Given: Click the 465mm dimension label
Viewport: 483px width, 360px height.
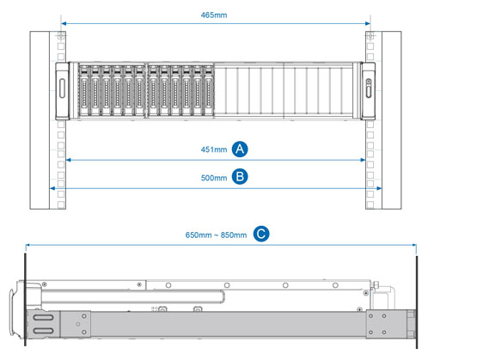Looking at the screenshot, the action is coord(214,15).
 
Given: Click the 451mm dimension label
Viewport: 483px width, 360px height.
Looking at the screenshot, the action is coord(214,149).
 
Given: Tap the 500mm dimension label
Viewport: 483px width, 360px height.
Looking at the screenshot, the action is coord(214,178).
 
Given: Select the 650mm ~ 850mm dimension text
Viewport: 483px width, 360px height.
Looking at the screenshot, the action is coord(216,235).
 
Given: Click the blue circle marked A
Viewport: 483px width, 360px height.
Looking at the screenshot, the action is coord(240,149).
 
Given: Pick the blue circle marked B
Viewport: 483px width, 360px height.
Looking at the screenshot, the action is coord(240,177).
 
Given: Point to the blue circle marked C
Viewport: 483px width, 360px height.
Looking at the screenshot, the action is coord(261,234).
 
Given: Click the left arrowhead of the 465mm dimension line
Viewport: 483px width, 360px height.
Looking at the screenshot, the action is coord(64,23).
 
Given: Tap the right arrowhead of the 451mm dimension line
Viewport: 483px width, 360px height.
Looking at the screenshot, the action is coord(363,160).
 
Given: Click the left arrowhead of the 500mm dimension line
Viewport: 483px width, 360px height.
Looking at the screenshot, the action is coord(52,188).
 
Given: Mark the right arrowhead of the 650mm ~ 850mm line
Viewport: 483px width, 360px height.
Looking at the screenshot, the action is coord(414,245).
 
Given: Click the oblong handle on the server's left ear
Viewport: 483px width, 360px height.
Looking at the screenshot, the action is coord(62,88).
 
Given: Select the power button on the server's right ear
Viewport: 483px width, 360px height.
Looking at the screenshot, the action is coord(369,82).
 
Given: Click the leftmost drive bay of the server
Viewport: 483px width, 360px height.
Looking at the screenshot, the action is coord(84,91).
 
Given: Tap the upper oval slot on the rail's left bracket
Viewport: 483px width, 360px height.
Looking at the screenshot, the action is coord(44,318).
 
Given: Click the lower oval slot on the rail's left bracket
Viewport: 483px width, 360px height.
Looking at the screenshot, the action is coord(44,331).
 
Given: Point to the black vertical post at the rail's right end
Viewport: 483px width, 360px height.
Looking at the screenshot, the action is coord(417,302).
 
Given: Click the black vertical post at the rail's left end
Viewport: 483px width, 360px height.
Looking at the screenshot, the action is coord(25,299).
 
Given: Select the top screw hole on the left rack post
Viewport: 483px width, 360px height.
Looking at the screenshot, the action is coord(61,36).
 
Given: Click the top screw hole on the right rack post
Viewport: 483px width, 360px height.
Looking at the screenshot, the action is coord(370,36).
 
